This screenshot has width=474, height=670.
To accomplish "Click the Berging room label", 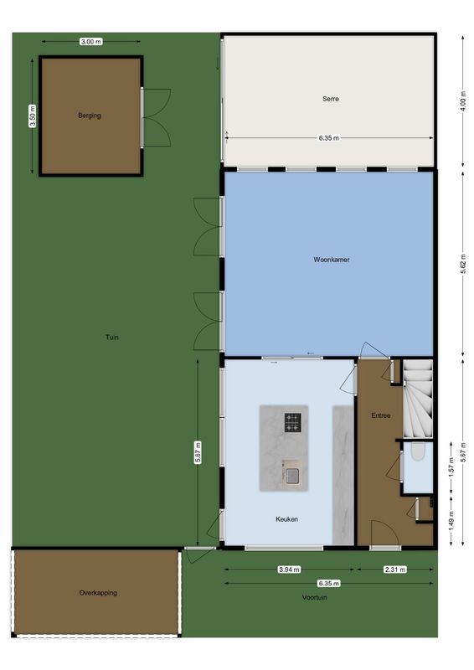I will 90,116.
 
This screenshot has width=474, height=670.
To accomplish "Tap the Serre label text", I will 331,99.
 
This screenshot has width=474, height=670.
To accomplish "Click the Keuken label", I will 287,519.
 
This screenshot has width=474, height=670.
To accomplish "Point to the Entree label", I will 381,415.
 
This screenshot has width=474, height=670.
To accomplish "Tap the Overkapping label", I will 98,593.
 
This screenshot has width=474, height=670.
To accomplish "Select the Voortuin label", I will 317,598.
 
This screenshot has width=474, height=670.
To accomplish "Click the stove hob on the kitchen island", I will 292,423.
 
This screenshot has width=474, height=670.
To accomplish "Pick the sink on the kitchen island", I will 291,476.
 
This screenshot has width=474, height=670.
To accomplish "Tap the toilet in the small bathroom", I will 418,456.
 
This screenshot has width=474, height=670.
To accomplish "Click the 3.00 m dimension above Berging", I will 90,41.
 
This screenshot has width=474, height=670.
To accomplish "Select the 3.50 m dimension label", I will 33,115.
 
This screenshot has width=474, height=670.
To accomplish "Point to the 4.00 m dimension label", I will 462,100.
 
